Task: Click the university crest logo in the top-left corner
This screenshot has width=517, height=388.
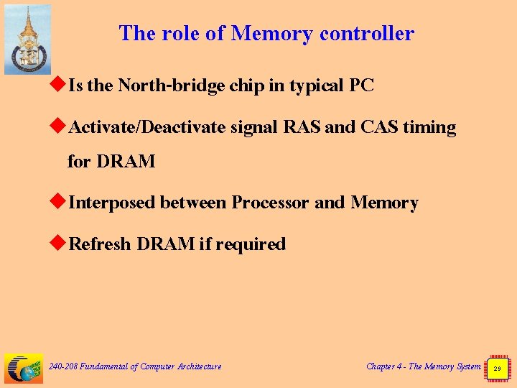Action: tap(27, 40)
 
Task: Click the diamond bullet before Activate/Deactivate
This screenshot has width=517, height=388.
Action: tap(60, 127)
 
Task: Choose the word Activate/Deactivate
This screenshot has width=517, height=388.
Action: tap(148, 128)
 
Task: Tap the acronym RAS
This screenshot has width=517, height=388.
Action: tap(302, 128)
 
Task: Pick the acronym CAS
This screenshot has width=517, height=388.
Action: tap(379, 128)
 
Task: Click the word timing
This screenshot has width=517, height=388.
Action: tap(429, 128)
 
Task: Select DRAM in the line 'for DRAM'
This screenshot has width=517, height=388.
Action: tap(126, 162)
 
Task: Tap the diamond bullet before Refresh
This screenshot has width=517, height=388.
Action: tap(60, 244)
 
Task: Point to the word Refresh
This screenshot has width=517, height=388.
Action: tap(100, 244)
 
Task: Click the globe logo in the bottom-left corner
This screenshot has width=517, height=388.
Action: tap(24, 368)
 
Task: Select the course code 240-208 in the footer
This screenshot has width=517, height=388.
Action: tap(62, 366)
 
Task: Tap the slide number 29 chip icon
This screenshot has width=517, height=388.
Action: tap(497, 367)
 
